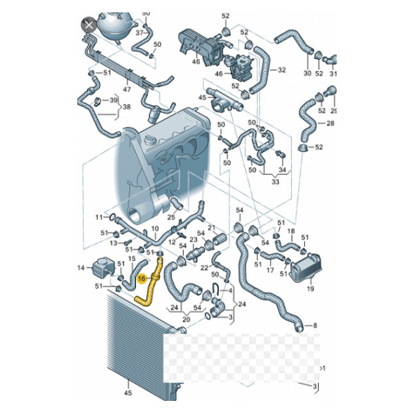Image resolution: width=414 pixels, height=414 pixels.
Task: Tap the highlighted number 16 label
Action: click(x=141, y=278)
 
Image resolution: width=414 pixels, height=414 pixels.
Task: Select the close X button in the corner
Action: click(x=89, y=26)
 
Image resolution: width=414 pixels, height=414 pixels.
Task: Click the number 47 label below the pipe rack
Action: click(x=127, y=89)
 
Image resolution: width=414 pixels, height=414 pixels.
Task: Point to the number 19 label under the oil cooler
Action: click(x=310, y=289)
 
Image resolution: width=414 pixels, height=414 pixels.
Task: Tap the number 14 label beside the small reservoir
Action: click(x=81, y=268)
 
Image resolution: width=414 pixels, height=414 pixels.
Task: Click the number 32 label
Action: click(x=282, y=70)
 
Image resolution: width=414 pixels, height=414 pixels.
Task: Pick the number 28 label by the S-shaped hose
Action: click(x=331, y=124)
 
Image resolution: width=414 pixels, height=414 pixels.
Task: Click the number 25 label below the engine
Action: click(x=171, y=217)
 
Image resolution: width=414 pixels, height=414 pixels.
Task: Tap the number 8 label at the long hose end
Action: click(x=315, y=326)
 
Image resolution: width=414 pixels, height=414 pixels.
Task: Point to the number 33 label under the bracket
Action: click(x=275, y=182)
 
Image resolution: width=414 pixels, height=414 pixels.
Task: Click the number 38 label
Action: click(x=127, y=107)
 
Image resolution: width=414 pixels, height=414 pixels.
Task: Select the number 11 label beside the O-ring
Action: click(x=99, y=217)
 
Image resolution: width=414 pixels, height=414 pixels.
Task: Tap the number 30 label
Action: click(x=307, y=73)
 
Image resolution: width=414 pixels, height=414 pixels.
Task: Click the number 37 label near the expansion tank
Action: click(x=139, y=32)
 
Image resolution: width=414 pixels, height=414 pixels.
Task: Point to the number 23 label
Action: click(x=193, y=239)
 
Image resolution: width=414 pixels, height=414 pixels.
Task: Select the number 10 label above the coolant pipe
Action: click(x=155, y=228)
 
